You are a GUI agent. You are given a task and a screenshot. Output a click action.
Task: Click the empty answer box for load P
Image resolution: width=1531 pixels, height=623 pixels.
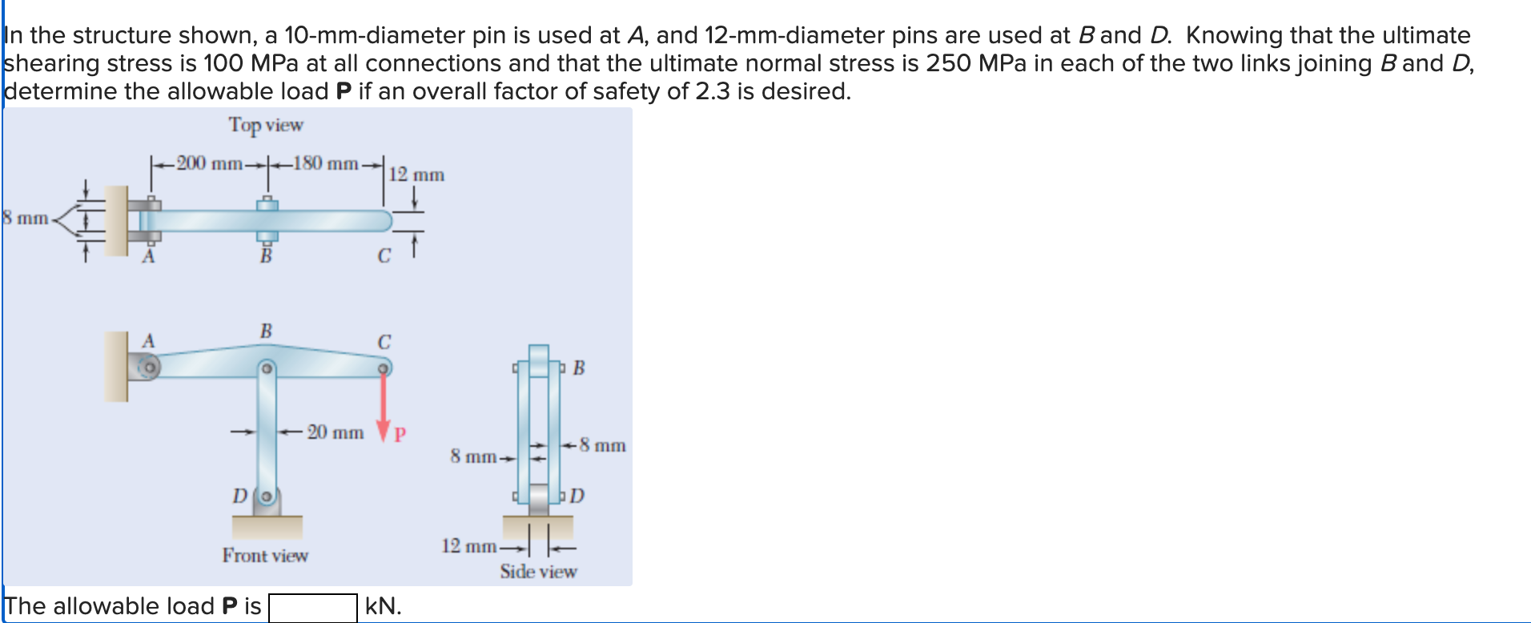tap(312, 607)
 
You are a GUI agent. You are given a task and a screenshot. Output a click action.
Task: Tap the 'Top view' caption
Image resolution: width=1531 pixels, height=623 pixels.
tap(266, 125)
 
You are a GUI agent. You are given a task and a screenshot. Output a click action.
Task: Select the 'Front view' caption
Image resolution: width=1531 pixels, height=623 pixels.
tap(265, 556)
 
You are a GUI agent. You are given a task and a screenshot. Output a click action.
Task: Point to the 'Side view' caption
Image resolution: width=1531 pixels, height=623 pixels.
tap(538, 572)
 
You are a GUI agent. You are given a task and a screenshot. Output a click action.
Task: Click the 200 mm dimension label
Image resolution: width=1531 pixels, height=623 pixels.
tap(209, 163)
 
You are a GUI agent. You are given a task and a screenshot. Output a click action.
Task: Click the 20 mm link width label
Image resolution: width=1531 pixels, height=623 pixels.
tap(336, 432)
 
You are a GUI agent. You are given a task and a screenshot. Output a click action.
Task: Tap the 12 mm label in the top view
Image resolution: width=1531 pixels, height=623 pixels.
tap(416, 175)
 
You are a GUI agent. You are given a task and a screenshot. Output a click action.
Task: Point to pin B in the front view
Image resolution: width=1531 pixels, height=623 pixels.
tap(267, 369)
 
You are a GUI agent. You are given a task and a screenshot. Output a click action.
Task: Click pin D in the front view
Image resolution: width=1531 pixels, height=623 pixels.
tap(267, 496)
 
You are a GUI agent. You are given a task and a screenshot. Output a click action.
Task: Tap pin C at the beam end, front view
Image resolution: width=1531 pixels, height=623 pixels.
tap(384, 368)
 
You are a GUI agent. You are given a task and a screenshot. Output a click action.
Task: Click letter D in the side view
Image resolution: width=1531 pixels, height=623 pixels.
tap(577, 496)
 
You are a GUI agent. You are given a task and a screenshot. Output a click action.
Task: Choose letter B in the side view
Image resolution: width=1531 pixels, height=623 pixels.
tap(578, 368)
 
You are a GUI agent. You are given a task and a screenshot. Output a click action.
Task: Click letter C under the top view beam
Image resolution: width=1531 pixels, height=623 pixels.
tap(384, 256)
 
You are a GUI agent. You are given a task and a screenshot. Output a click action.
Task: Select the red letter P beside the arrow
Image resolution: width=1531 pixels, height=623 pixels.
tap(400, 435)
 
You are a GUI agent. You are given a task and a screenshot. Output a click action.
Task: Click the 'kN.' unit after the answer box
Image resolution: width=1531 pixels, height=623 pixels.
tap(383, 606)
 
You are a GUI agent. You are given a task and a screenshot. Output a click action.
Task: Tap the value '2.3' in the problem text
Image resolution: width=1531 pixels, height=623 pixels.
tap(712, 91)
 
